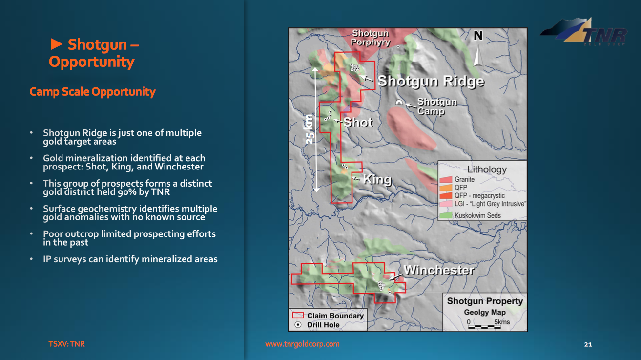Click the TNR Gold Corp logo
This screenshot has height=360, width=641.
click(584, 31)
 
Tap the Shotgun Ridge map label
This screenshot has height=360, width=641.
click(431, 81)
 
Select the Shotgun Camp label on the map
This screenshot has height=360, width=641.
click(437, 106)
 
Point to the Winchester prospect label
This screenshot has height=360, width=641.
click(439, 270)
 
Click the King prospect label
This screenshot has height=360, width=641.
click(377, 180)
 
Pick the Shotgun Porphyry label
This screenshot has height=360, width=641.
click(370, 38)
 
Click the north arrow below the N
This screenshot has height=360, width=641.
click(477, 56)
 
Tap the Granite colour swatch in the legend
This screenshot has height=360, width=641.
click(446, 180)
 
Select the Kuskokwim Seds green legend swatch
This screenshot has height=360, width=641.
click(446, 215)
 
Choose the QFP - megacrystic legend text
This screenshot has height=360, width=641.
click(479, 195)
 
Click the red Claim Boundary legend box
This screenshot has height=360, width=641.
click(298, 316)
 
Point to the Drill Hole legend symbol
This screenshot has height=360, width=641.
click(298, 325)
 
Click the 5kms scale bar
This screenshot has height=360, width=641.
click(484, 327)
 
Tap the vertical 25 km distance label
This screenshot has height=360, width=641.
click(309, 129)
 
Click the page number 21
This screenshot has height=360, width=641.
click(588, 344)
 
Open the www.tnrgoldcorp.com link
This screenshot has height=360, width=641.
click(302, 344)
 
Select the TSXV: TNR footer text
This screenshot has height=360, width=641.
click(66, 344)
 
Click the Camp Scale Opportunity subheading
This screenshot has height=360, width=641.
click(92, 92)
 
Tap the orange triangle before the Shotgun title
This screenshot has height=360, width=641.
click(56, 44)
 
